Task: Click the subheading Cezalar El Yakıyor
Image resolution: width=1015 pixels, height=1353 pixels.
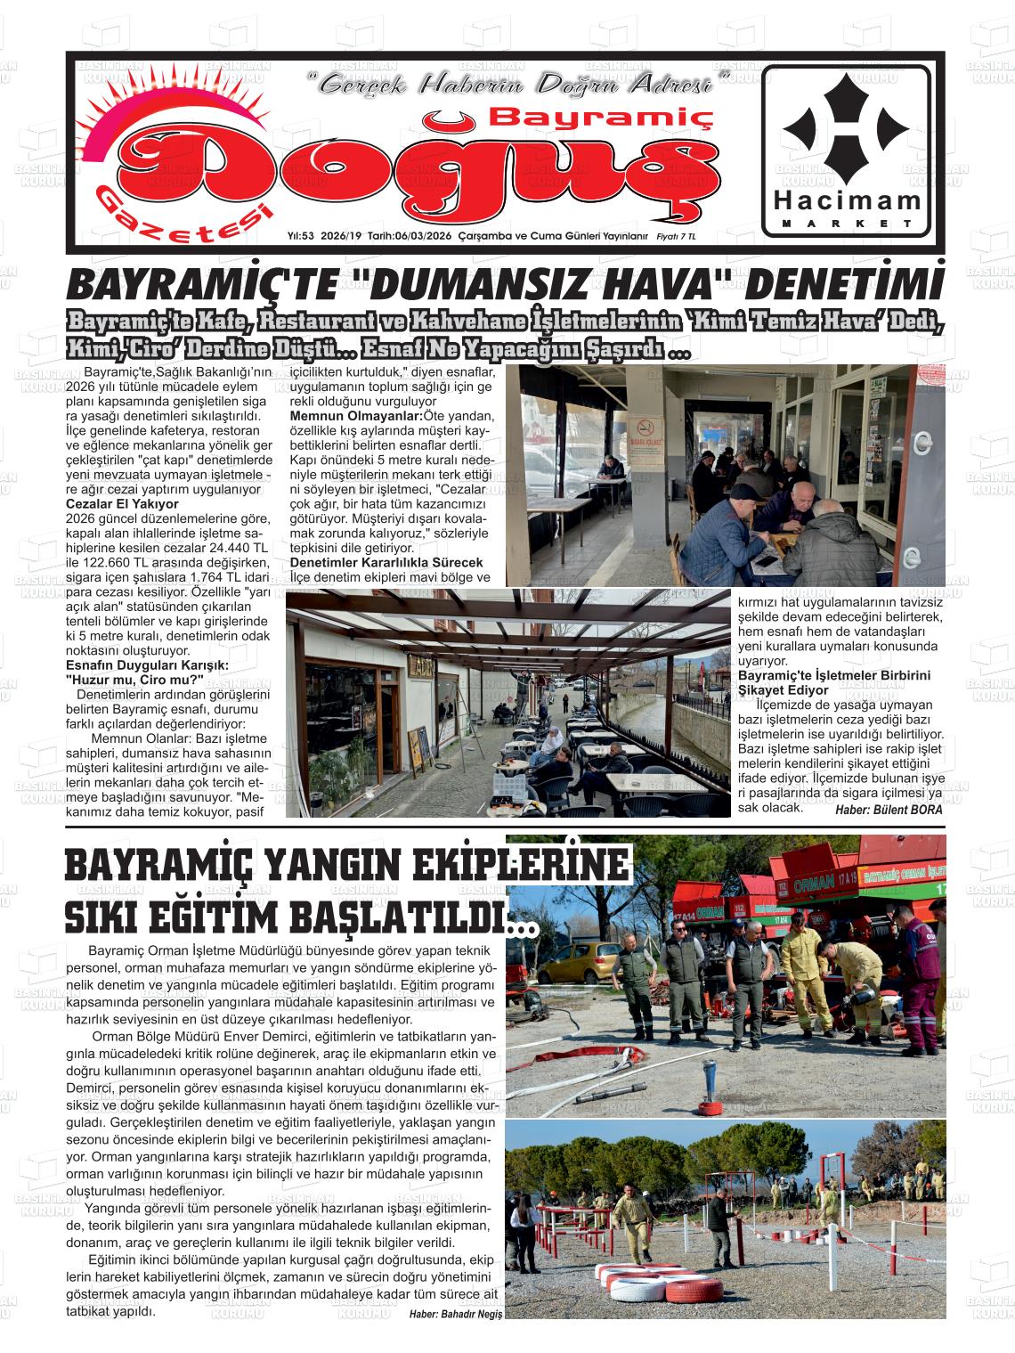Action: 123,503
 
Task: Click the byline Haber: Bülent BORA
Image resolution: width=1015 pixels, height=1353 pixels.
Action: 888,810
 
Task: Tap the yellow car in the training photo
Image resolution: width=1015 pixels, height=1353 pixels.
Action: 579,967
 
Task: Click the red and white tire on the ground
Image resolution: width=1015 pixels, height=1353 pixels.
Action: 694,1291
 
